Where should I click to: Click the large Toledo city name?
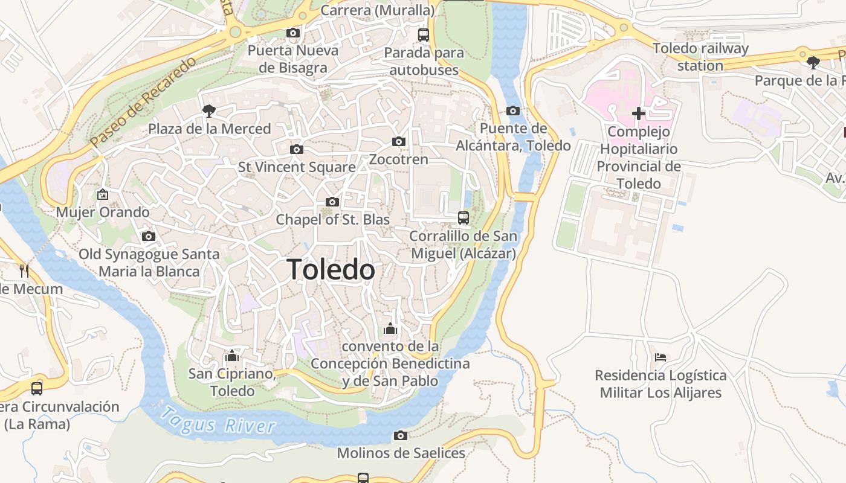point(331,269)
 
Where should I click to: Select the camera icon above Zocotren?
point(398,142)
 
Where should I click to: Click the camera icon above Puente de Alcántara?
point(512,110)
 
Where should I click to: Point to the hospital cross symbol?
point(639,114)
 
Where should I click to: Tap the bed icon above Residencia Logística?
point(660,357)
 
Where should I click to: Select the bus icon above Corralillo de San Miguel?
point(463,218)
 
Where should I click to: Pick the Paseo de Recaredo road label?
point(143,102)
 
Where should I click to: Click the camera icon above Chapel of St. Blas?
point(332,202)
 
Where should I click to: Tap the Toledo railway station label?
point(700,57)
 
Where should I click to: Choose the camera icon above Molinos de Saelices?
point(400,435)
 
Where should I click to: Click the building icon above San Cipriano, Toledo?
point(232,356)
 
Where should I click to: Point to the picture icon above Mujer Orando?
point(103,194)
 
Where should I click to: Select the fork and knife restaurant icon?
point(24,270)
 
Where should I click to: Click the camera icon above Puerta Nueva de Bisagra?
point(293,33)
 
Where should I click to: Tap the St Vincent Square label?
point(297,167)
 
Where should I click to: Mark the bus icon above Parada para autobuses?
point(424,35)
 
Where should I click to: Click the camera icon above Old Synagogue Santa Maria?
point(149,237)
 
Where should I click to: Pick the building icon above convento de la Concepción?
point(390,328)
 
